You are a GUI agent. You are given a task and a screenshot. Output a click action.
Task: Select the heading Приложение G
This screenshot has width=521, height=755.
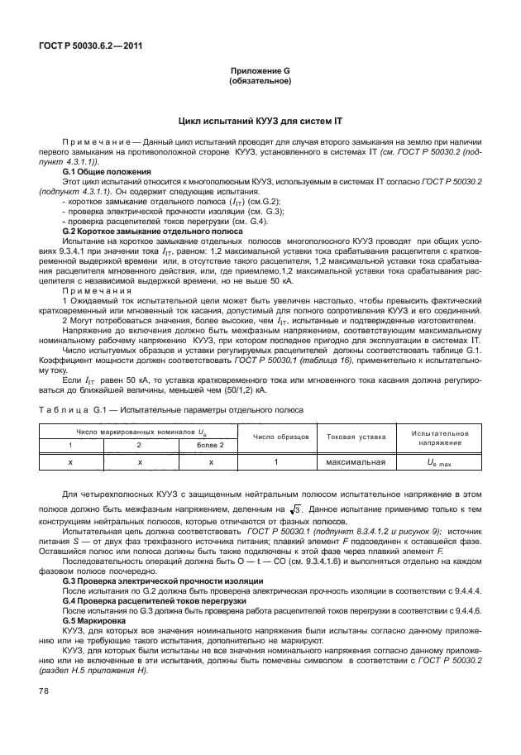tap(260, 72)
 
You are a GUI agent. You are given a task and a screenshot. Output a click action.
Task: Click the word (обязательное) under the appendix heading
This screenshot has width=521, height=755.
tap(260, 81)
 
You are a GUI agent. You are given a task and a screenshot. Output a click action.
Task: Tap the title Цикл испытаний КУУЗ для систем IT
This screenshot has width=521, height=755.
tap(260, 121)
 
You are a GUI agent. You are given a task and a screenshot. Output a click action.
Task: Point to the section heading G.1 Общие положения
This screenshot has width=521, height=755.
tap(104, 170)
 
